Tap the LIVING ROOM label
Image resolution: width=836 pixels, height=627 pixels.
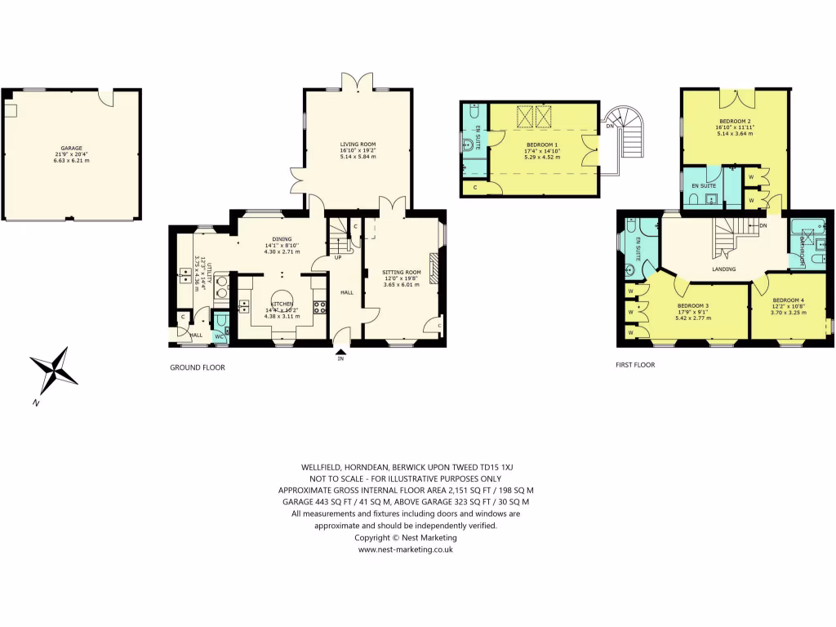point(358,145)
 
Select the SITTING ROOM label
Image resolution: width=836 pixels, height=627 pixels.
point(401,272)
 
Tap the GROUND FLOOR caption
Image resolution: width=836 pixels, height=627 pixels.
point(197,367)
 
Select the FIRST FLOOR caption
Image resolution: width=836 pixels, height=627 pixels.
point(635,365)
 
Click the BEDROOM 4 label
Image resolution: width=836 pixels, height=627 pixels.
point(789,300)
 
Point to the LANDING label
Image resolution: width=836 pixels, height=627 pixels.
point(723,269)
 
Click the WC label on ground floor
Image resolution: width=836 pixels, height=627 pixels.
point(219,336)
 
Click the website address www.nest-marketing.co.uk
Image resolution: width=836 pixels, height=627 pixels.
point(406,549)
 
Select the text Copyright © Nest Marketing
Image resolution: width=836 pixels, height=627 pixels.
point(406,537)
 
